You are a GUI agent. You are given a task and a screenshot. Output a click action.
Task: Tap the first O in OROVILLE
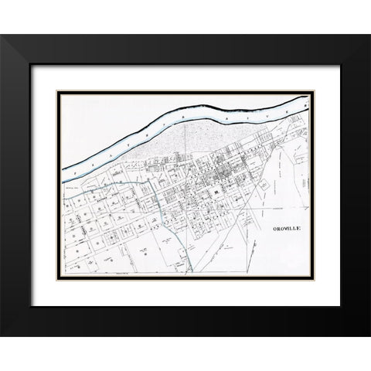275,230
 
